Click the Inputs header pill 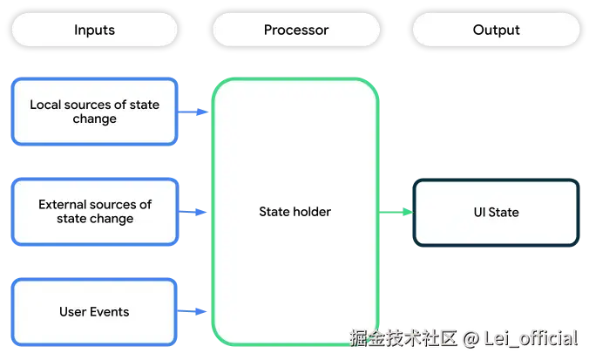(94, 30)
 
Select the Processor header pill (296, 30)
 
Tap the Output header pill (497, 30)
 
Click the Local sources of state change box (94, 112)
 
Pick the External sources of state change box (95, 212)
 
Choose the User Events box (94, 312)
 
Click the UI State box (497, 213)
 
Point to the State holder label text (294, 212)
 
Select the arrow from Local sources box (193, 112)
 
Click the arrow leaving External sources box (193, 212)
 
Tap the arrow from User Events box (192, 311)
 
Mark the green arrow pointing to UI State (396, 212)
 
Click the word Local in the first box (45, 105)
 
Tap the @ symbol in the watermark (471, 338)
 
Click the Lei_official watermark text (531, 338)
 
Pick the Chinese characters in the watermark (403, 338)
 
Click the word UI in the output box (479, 213)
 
